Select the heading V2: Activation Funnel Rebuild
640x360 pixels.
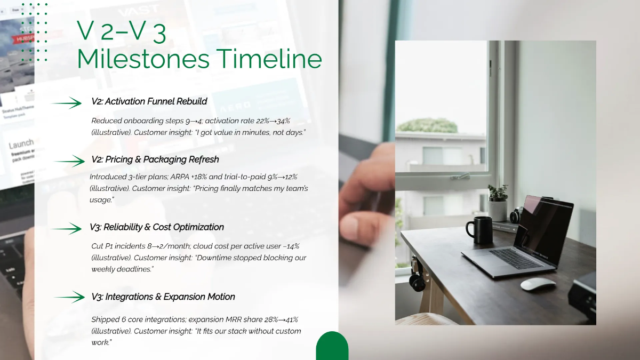coord(149,101)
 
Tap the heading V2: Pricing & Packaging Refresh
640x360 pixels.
coord(155,159)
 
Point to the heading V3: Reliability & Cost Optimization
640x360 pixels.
coord(157,227)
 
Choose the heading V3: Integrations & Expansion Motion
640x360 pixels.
coord(163,297)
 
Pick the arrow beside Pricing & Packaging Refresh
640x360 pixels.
coord(69,161)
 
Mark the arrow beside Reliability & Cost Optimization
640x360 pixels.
coord(67,229)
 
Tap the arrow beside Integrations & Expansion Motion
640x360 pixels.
coord(69,297)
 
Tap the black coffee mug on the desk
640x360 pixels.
coord(479,230)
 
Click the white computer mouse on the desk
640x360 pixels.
coord(538,284)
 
